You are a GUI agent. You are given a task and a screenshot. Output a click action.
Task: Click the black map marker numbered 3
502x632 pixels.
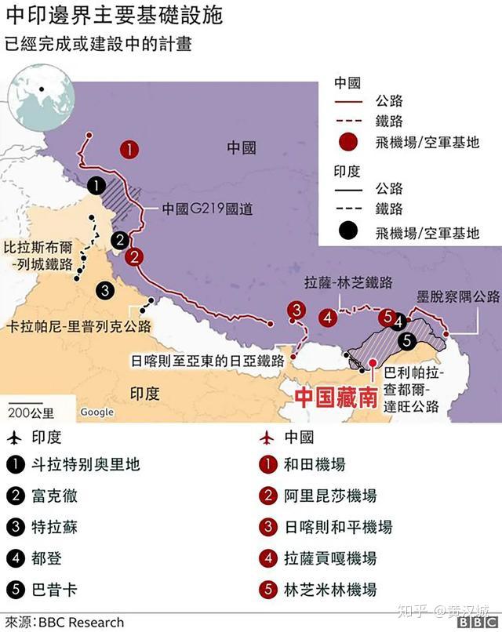(x=104, y=289)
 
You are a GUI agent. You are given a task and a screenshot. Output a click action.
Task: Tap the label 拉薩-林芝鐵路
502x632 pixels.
(x=347, y=283)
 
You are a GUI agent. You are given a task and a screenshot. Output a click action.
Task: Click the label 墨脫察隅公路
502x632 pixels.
(x=457, y=296)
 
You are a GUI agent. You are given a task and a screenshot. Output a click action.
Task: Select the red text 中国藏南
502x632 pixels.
(x=334, y=397)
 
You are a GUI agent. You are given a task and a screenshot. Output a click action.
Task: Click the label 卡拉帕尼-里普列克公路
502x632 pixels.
(x=78, y=325)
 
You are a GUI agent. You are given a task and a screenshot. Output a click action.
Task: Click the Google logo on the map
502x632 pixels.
(x=96, y=412)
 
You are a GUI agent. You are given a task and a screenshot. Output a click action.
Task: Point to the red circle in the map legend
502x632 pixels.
(x=349, y=143)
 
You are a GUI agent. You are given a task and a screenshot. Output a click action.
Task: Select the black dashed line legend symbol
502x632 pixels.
(x=349, y=210)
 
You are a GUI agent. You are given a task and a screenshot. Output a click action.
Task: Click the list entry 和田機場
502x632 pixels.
(x=314, y=465)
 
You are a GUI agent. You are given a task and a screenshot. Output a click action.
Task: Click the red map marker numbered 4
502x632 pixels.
(x=329, y=317)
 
